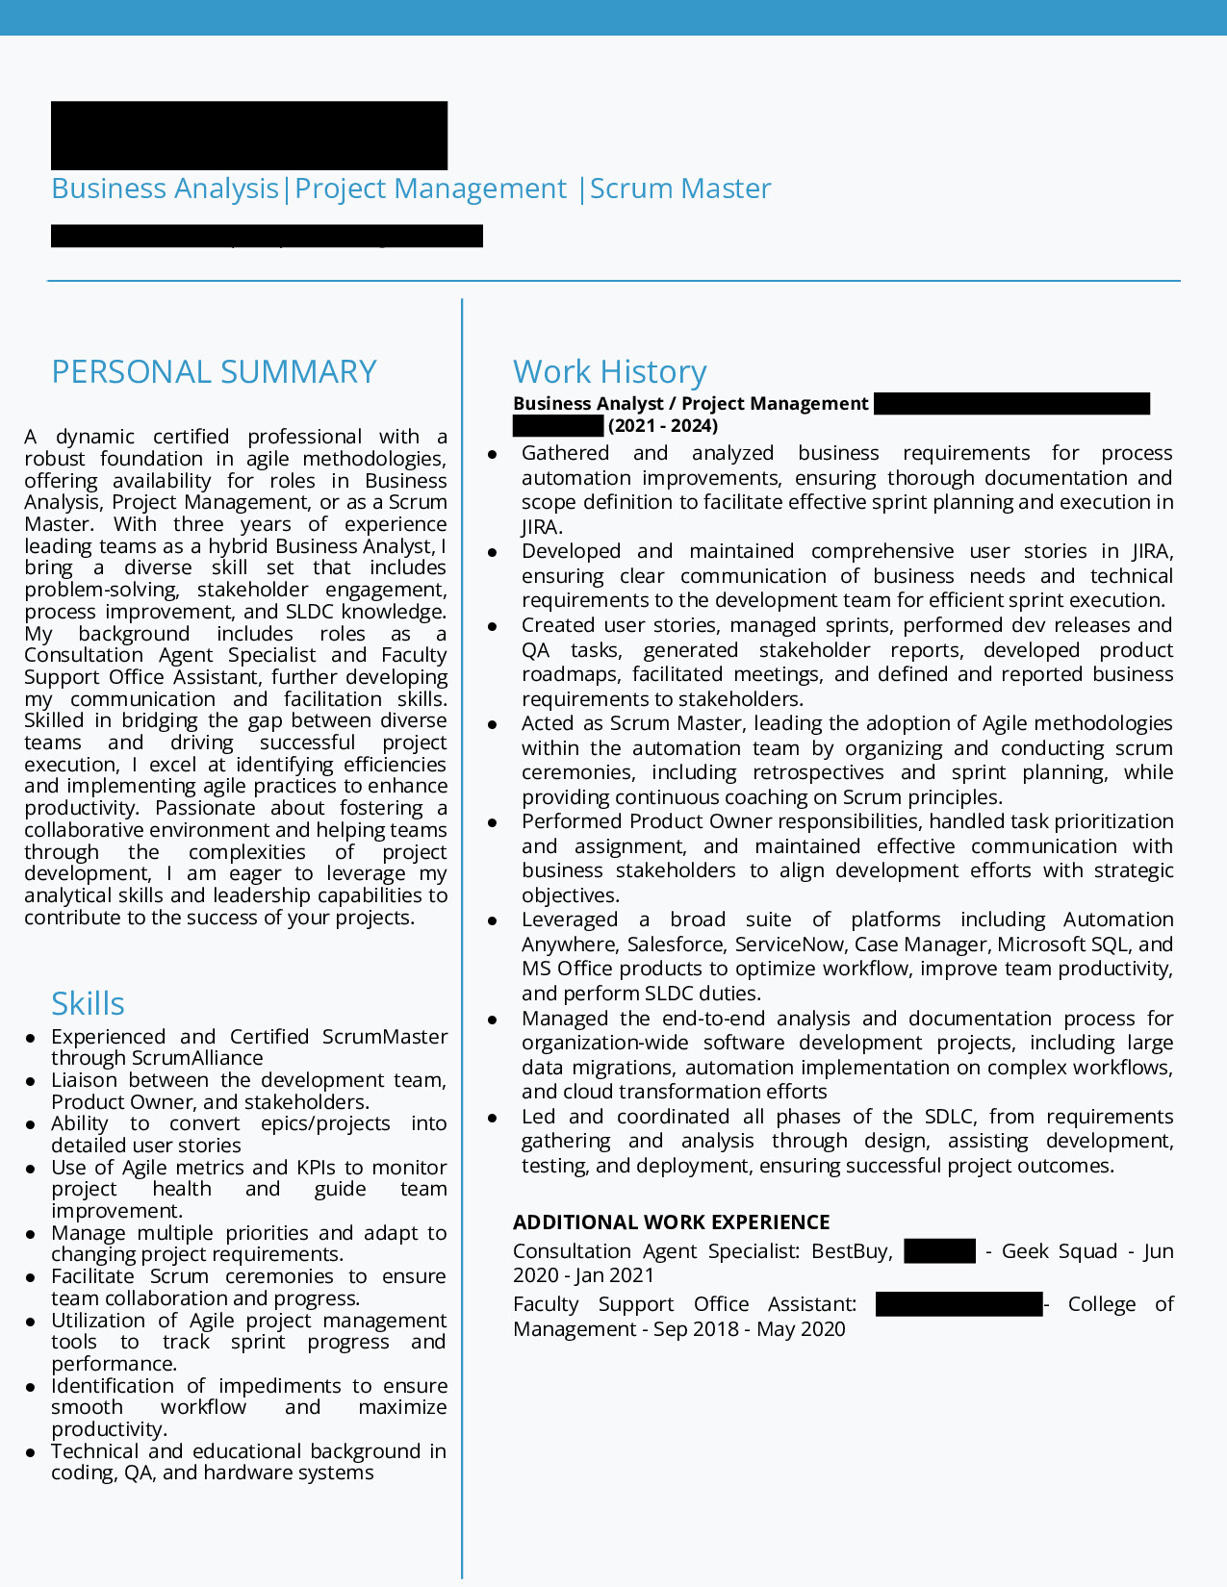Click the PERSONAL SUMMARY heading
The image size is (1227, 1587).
tap(214, 372)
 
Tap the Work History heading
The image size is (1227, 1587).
tap(609, 372)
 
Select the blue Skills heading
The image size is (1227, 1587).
tap(88, 1004)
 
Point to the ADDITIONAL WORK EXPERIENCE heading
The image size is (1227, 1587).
tap(671, 1222)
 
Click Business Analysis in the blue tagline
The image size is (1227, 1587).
tap(165, 189)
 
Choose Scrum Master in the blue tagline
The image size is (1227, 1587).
tap(680, 189)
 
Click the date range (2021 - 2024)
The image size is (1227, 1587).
tap(663, 426)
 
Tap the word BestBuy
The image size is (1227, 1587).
tap(851, 1251)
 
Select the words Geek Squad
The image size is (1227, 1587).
tap(1059, 1251)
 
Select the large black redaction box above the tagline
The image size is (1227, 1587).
tap(248, 136)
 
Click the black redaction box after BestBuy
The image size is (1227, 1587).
tap(939, 1251)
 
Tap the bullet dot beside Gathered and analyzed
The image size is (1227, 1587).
tap(493, 454)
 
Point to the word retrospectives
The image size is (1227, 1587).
tap(818, 772)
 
